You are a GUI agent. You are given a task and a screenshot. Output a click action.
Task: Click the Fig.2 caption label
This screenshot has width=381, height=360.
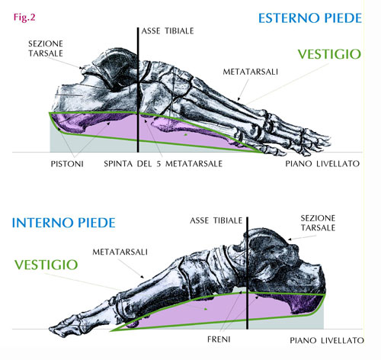point(24,18)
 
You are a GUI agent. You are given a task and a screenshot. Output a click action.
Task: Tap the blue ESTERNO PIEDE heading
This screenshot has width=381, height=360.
point(310,18)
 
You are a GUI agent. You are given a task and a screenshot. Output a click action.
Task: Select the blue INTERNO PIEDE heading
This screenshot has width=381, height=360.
point(64,223)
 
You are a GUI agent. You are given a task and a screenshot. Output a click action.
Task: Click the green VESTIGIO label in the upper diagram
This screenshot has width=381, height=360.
point(329,54)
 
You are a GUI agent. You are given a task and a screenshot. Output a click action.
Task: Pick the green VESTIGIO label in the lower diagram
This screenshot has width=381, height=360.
point(46,265)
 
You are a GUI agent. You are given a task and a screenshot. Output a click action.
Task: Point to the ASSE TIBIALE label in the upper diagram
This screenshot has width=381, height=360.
point(168,31)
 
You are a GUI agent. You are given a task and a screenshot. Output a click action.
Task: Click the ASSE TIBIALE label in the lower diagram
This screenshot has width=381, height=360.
point(216,220)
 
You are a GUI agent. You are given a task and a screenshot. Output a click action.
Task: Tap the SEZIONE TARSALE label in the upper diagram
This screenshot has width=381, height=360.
point(46,49)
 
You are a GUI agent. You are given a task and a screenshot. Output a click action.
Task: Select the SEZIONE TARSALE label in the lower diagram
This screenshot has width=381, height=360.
point(318,223)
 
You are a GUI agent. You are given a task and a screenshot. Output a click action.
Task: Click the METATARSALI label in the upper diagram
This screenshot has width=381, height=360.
point(250,72)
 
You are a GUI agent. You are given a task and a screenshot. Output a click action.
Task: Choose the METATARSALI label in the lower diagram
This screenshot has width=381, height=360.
point(120,252)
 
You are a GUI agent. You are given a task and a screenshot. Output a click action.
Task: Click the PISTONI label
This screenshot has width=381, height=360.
point(67,164)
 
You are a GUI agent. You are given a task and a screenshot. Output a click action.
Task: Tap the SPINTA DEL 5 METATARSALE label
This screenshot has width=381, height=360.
point(163,164)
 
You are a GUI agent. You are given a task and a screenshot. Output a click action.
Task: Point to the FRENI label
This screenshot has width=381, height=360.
point(219,339)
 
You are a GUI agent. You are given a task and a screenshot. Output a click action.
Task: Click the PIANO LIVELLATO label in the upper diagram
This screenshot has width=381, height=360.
point(322,164)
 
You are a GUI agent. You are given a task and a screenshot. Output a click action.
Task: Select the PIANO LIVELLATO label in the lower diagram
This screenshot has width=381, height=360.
point(327,340)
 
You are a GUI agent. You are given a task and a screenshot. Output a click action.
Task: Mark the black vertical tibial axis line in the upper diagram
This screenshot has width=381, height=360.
point(138,90)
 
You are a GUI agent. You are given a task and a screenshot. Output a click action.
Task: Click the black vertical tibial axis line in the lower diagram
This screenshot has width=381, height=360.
point(247,273)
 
